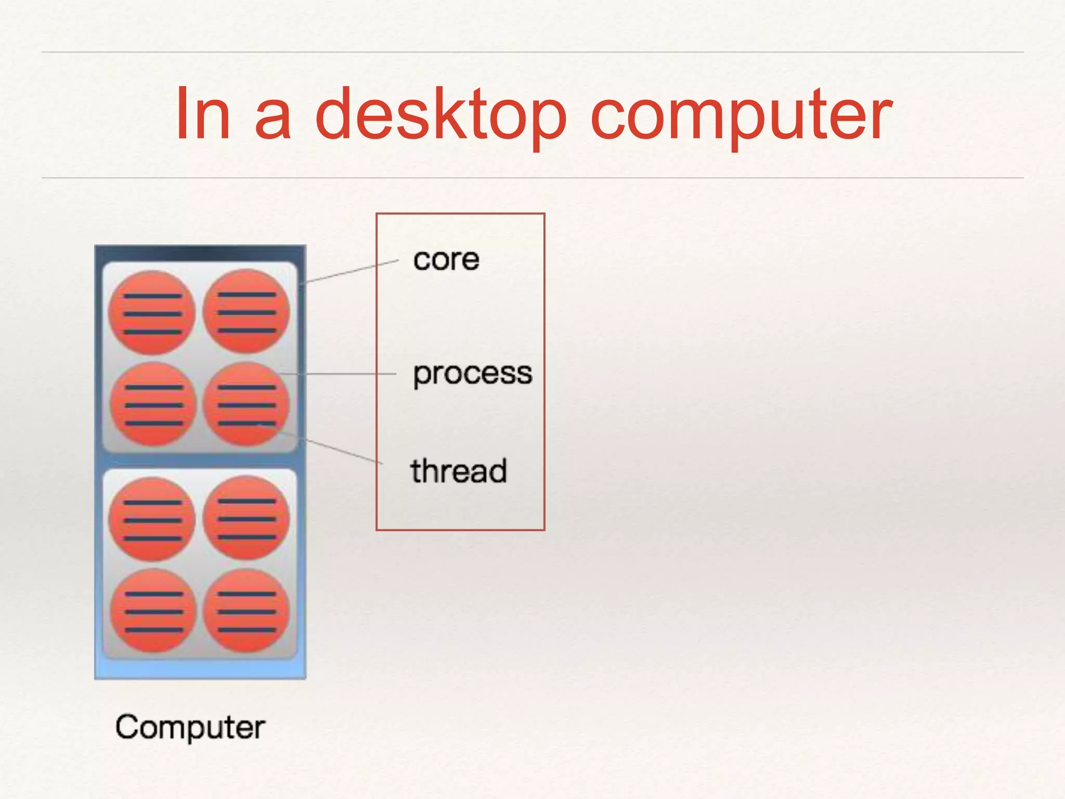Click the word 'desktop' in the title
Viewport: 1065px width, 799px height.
[x=440, y=114]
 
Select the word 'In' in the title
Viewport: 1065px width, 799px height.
[x=202, y=114]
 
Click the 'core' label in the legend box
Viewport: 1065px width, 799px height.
[x=446, y=260]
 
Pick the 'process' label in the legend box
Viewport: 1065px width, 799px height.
[x=472, y=373]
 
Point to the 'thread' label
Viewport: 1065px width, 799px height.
[x=458, y=471]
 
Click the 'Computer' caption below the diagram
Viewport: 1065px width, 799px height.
[x=190, y=727]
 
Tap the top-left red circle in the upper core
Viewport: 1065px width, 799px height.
[x=152, y=313]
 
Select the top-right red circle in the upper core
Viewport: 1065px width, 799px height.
[x=246, y=311]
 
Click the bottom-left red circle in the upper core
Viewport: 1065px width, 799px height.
[x=153, y=404]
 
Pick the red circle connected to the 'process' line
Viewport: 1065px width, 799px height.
[x=246, y=404]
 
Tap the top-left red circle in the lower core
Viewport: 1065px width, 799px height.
[x=152, y=519]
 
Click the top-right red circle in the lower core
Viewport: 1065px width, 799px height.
[x=246, y=518]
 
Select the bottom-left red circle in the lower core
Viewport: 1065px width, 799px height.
[x=153, y=611]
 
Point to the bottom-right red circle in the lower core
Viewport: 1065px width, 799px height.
[x=246, y=611]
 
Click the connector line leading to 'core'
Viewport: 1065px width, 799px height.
[x=351, y=272]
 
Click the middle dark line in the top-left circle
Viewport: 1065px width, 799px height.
[x=152, y=314]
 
